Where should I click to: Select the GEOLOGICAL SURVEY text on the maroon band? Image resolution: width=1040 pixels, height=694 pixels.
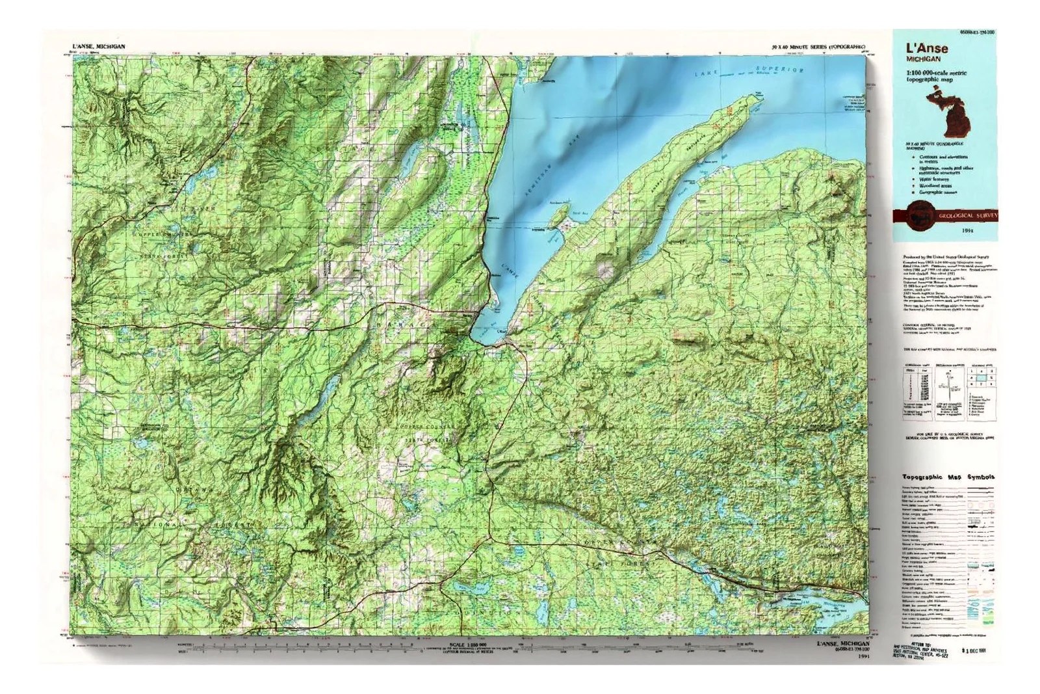coord(968,215)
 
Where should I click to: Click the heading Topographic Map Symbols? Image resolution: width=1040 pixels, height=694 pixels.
coord(947,476)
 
